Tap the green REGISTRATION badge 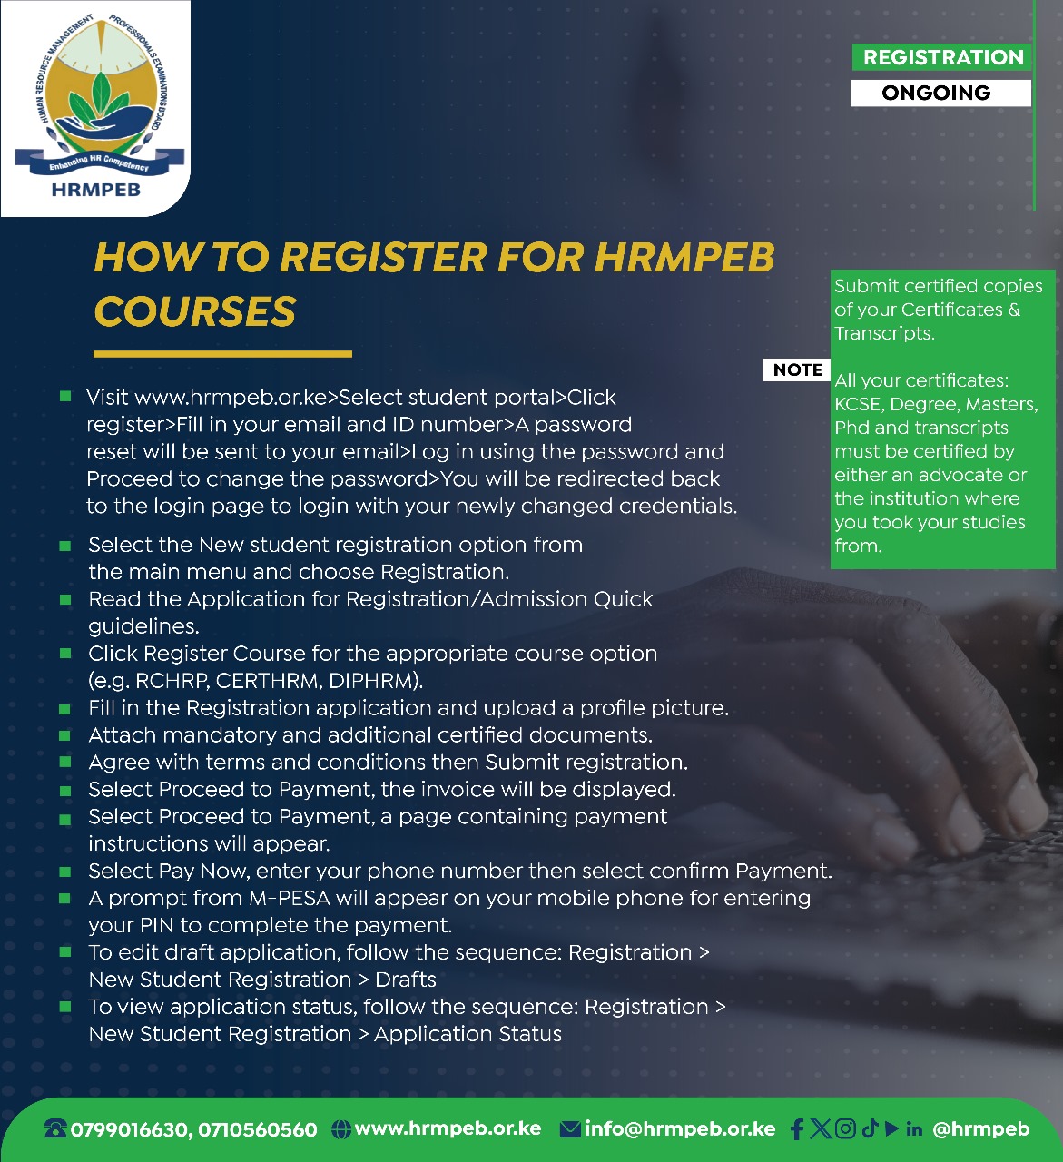942,57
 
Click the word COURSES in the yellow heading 195,311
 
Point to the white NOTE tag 798,369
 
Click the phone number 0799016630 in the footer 130,1130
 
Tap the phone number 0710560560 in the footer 258,1130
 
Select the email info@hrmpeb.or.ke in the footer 680,1129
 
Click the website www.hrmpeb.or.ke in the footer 448,1128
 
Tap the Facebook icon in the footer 797,1129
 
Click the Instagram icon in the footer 845,1128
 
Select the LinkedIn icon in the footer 914,1129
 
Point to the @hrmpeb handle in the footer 981,1129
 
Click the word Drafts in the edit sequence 406,980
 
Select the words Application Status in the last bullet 468,1034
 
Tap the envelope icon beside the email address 570,1129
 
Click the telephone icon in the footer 56,1130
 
